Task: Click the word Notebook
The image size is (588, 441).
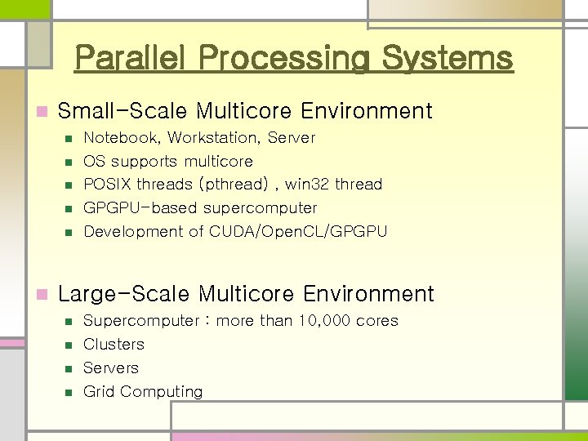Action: click(x=117, y=138)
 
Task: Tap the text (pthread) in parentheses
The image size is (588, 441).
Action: click(x=226, y=185)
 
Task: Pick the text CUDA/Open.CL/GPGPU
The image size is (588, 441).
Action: click(x=298, y=232)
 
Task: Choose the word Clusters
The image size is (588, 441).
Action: click(x=114, y=345)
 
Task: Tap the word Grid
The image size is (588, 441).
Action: click(x=99, y=392)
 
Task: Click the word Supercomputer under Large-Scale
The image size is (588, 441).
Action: click(x=141, y=321)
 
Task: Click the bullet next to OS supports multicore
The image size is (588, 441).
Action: click(x=69, y=162)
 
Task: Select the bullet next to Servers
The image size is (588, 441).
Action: click(x=69, y=369)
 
